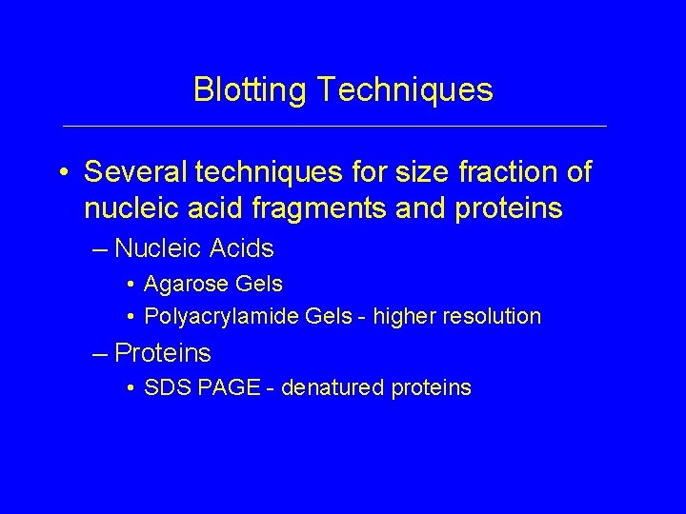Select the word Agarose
coord(180,284)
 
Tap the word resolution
coord(493,316)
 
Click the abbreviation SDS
coord(160,387)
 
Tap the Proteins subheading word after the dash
coord(163,353)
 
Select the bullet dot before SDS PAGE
coord(128,388)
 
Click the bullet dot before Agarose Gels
coord(128,285)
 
